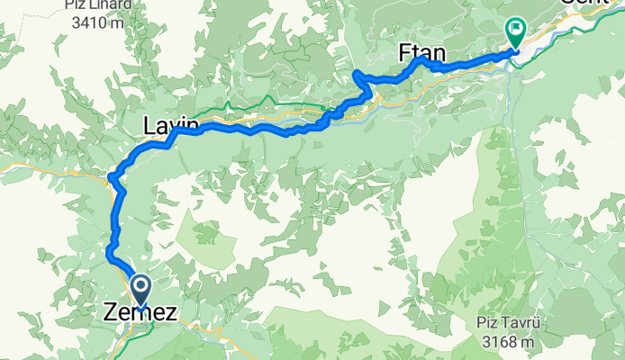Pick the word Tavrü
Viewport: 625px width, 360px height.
[529, 324]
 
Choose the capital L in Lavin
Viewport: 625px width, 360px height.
[149, 125]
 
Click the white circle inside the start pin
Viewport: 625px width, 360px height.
[141, 287]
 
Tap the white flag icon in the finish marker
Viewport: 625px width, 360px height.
[516, 28]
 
